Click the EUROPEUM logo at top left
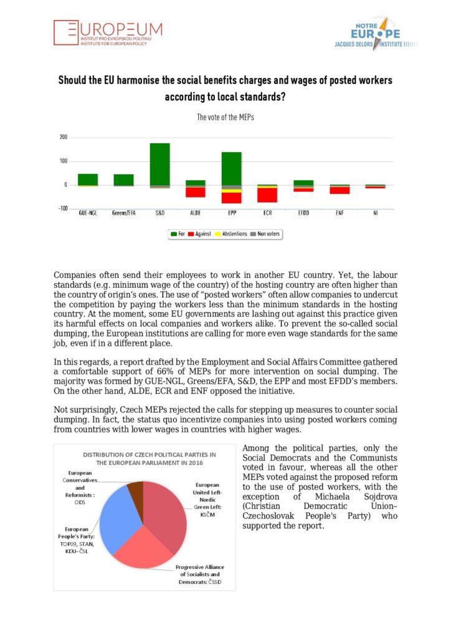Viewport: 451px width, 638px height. [108, 34]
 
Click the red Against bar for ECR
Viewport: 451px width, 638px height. [267, 195]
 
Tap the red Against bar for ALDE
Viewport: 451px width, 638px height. [196, 192]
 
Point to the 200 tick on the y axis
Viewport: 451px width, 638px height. [64, 138]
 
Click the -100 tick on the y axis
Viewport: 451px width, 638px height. [62, 209]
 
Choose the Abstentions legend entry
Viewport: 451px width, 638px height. [230, 234]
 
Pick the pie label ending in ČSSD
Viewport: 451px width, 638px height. [200, 574]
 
